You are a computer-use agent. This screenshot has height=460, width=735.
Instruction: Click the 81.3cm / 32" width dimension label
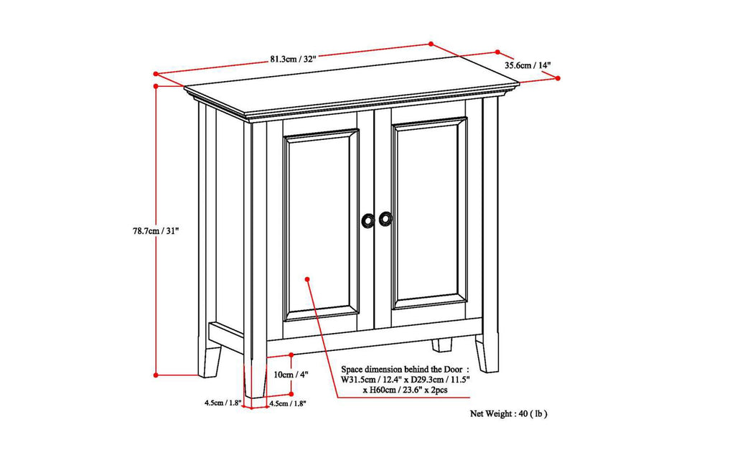click(x=293, y=60)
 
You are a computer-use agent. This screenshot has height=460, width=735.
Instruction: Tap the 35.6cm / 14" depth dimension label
click(x=528, y=65)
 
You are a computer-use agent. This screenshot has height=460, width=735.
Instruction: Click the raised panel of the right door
click(x=429, y=213)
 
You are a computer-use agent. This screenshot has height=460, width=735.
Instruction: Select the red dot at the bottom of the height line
click(x=156, y=375)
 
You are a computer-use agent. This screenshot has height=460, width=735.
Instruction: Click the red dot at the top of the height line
click(x=156, y=85)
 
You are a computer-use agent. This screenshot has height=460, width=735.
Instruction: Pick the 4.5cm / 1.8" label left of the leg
click(x=221, y=403)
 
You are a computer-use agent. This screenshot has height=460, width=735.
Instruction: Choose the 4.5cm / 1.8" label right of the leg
click(x=289, y=404)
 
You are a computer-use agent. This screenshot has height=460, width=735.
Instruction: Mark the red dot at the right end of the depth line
click(x=558, y=78)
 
